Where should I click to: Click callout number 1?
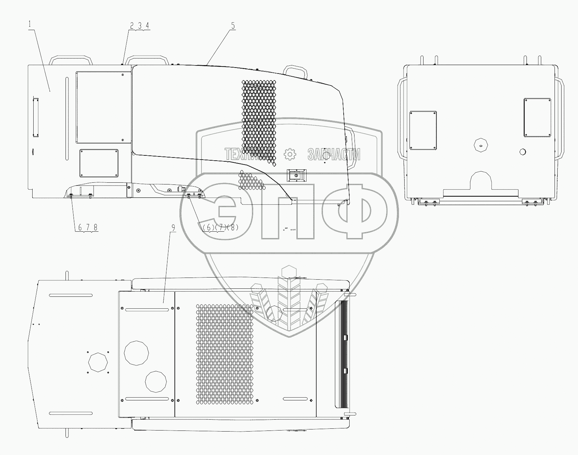(x=30, y=24)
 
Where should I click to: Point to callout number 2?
(x=132, y=26)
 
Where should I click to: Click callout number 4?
(x=147, y=26)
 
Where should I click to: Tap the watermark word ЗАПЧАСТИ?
(x=334, y=154)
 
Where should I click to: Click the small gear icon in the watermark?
(x=289, y=154)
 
